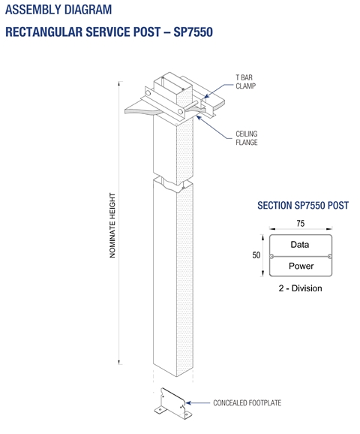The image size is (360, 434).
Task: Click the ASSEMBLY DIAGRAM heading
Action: (x=58, y=10)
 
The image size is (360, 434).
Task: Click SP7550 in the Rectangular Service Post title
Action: (x=193, y=32)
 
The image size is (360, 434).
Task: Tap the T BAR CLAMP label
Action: (x=245, y=82)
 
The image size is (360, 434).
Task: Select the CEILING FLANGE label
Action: (x=247, y=138)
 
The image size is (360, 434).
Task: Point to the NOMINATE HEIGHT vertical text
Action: (x=112, y=225)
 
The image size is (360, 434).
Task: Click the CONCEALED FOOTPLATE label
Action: (x=247, y=402)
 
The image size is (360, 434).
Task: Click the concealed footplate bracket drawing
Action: (x=172, y=403)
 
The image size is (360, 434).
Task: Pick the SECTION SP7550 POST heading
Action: (x=303, y=206)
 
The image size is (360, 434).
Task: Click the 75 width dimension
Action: (x=301, y=223)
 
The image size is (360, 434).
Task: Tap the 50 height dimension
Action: (x=256, y=255)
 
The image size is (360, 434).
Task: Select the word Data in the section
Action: (x=300, y=245)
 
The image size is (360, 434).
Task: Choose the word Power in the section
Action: (x=301, y=266)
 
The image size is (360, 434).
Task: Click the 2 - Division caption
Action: (x=300, y=288)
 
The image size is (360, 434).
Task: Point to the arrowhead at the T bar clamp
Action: (x=205, y=96)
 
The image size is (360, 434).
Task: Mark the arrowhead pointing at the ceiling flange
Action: (x=198, y=118)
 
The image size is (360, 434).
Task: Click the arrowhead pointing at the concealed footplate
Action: (x=188, y=402)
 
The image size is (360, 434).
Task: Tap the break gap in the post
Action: (x=173, y=181)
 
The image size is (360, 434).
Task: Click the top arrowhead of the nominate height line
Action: (x=119, y=83)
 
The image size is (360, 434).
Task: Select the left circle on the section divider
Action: (x=271, y=256)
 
